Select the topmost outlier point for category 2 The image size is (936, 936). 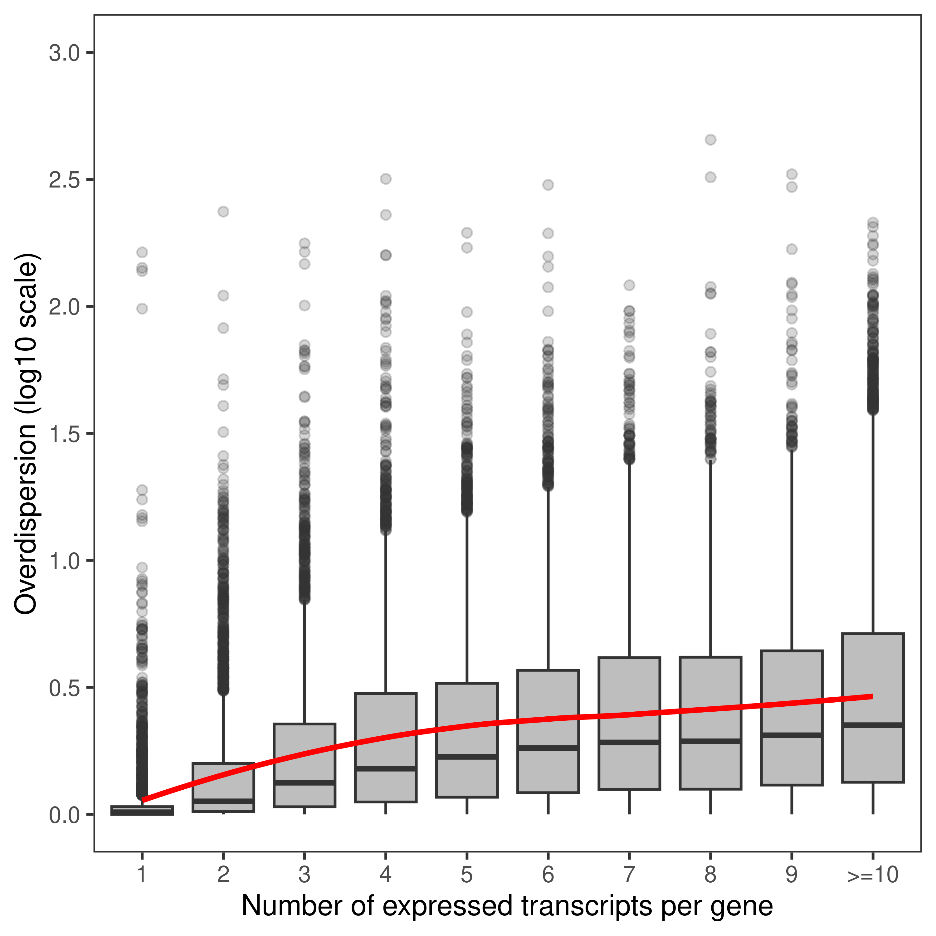tap(223, 212)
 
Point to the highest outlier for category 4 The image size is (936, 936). tap(386, 179)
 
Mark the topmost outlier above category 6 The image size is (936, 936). tap(548, 185)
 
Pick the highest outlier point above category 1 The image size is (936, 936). tap(142, 252)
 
